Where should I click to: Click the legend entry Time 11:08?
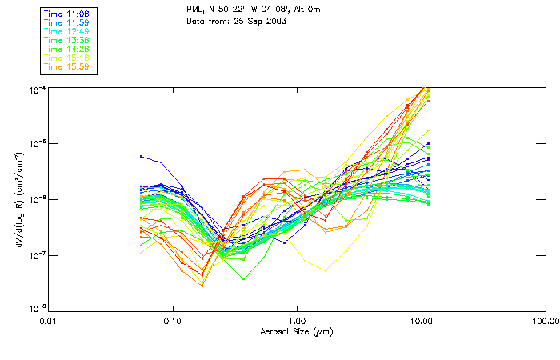pos(66,14)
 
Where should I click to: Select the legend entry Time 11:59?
pos(66,22)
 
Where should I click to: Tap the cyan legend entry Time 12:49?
pos(66,31)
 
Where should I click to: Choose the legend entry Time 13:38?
pos(66,40)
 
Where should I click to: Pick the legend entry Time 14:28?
pos(66,49)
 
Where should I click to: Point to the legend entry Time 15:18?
pos(66,58)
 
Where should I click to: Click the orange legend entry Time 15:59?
pos(66,66)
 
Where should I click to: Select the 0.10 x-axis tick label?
pos(172,321)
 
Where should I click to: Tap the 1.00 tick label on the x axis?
pos(297,321)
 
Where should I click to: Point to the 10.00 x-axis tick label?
pos(421,321)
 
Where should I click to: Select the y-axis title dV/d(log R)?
pos(18,198)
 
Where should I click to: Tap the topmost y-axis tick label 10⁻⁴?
pos(37,89)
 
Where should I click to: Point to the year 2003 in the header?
pos(275,21)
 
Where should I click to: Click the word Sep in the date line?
pos(255,21)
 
